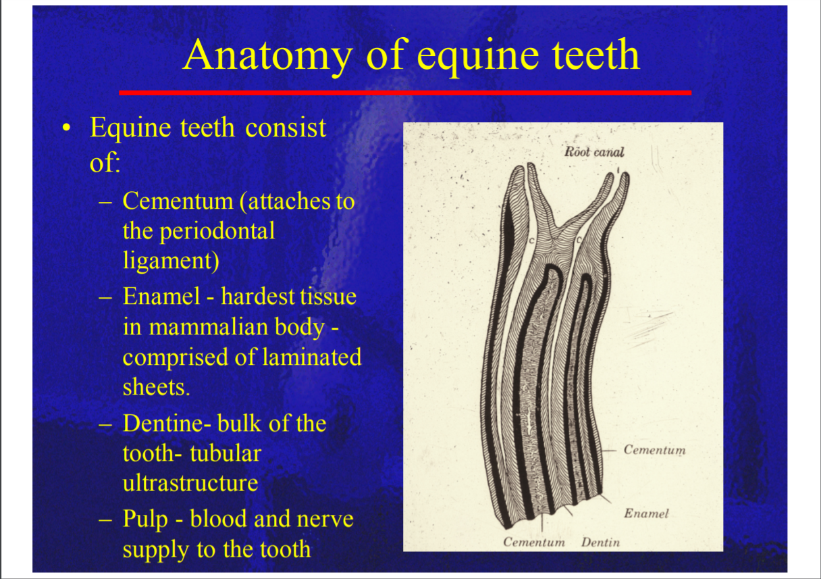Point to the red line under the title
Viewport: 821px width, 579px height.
pyautogui.click(x=405, y=93)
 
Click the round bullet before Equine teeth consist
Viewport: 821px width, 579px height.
pyautogui.click(x=66, y=128)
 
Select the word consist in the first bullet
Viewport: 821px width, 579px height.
pyautogui.click(x=286, y=128)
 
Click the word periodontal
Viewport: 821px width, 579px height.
pyautogui.click(x=217, y=232)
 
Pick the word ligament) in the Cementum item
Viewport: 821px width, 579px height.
pyautogui.click(x=171, y=261)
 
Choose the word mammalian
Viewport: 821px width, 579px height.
pyautogui.click(x=237, y=326)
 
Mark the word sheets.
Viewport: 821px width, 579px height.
pyautogui.click(x=157, y=387)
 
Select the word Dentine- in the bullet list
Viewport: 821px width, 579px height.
pyautogui.click(x=167, y=423)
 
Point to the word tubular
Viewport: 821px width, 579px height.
pyautogui.click(x=226, y=453)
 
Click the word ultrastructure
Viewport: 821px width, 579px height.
pyautogui.click(x=190, y=483)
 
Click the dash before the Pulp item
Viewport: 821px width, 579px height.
pyautogui.click(x=105, y=520)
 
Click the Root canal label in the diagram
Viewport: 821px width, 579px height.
pyautogui.click(x=594, y=151)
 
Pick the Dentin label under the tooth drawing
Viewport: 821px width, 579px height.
pyautogui.click(x=600, y=542)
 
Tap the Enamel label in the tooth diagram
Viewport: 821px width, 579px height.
pyautogui.click(x=647, y=513)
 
